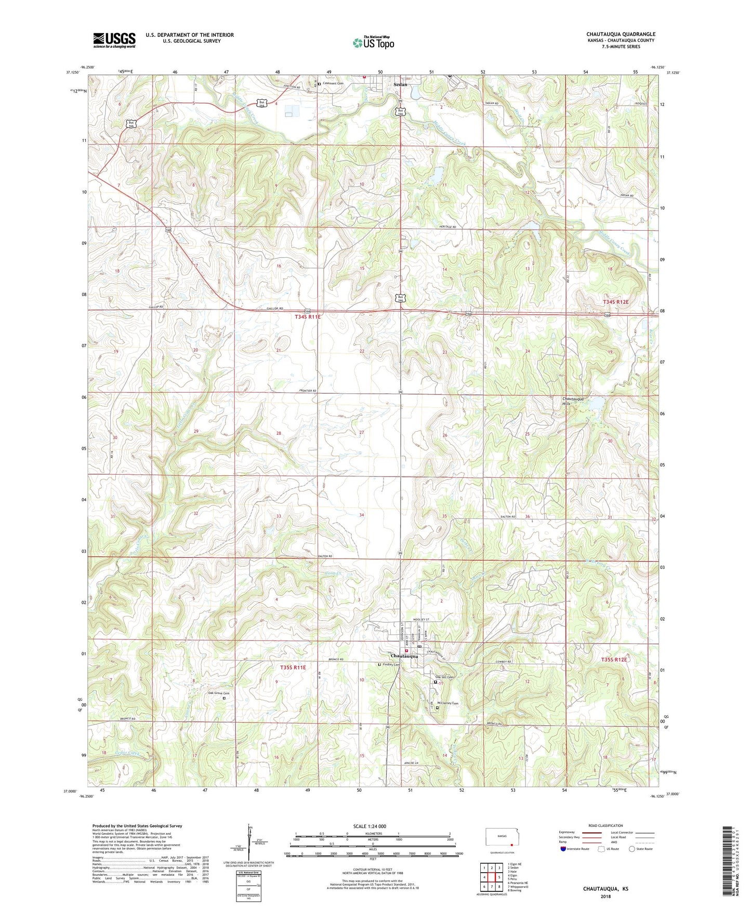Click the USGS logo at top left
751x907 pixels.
[x=114, y=40]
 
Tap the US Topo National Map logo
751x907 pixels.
[x=373, y=42]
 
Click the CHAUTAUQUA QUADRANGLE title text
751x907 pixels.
[x=621, y=34]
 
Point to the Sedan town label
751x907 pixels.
[x=400, y=84]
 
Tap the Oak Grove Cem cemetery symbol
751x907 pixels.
[x=225, y=698]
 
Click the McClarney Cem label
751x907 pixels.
[x=448, y=703]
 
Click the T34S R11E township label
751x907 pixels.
[x=308, y=317]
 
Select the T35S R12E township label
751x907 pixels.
[x=614, y=660]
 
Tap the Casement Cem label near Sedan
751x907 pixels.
[x=333, y=83]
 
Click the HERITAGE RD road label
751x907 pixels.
[x=447, y=227]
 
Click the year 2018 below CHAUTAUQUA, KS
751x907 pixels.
[x=606, y=896]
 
